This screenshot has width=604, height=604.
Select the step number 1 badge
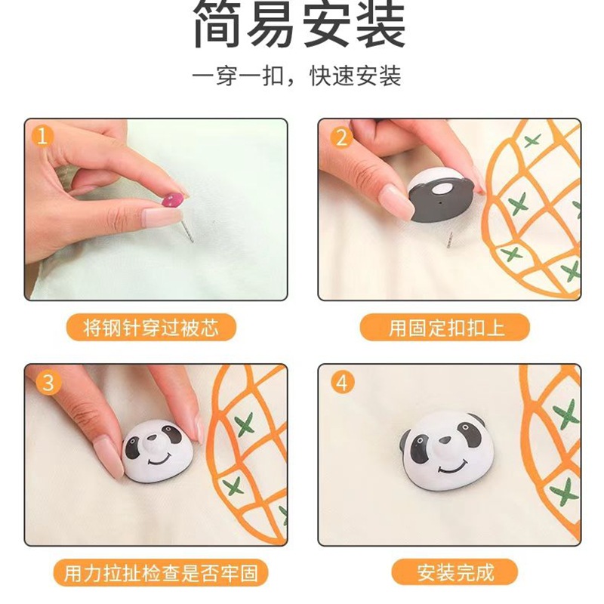click(42, 137)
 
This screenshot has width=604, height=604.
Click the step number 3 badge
click(48, 383)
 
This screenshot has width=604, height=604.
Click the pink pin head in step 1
click(173, 201)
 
